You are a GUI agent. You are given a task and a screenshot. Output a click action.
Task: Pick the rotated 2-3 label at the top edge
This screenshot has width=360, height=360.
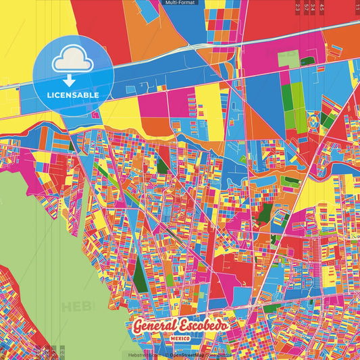click(x=298, y=7)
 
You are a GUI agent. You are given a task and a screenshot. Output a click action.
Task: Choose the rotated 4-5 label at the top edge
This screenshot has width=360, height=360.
click(x=322, y=7)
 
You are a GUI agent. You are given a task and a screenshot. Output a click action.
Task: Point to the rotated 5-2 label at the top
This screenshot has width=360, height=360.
click(x=307, y=7)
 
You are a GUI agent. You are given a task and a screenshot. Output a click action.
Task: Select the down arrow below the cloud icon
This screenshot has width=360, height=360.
click(x=70, y=80)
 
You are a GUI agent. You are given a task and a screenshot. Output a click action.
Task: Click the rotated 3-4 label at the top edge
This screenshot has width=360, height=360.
click(x=314, y=7)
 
